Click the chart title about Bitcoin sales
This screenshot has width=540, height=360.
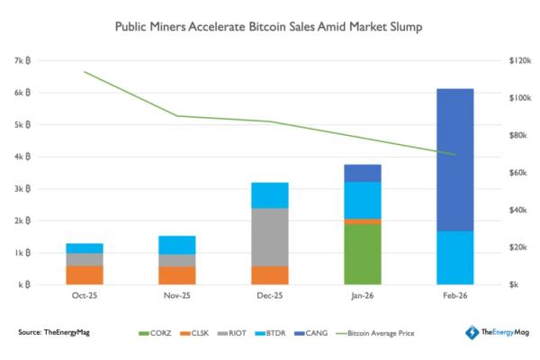(x=269, y=27)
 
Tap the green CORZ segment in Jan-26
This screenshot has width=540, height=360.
(x=363, y=254)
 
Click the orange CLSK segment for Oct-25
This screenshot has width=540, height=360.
(x=85, y=274)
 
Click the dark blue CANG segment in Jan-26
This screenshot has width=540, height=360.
(x=363, y=173)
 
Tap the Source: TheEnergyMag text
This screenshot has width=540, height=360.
(x=54, y=333)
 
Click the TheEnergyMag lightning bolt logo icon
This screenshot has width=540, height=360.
(x=471, y=333)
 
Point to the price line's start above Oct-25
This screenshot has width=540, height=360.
(x=85, y=71)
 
